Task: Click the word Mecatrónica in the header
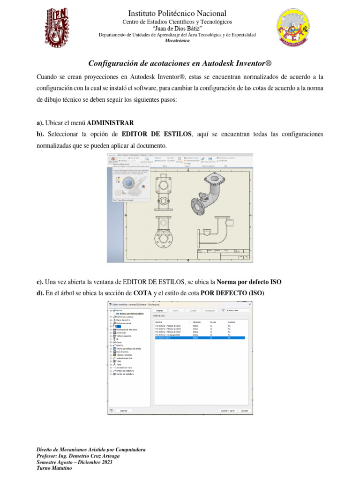[180, 41]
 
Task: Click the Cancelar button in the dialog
[244, 410]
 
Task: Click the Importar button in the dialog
[123, 410]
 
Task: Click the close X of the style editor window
[249, 304]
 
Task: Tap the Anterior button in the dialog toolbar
[159, 310]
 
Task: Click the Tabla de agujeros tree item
[123, 336]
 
